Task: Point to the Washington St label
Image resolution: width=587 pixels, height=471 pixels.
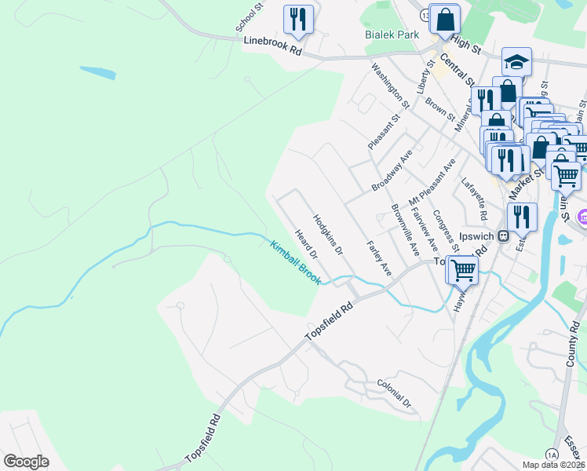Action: (391, 85)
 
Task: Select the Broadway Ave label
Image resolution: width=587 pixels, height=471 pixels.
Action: (392, 171)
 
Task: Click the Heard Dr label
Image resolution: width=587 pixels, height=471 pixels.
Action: (305, 244)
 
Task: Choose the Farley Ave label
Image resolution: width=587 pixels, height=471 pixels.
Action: (378, 257)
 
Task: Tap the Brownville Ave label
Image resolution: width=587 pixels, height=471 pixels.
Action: (405, 229)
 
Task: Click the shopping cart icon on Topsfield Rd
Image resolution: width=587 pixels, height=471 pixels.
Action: (463, 269)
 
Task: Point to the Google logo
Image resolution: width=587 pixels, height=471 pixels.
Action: (26, 461)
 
